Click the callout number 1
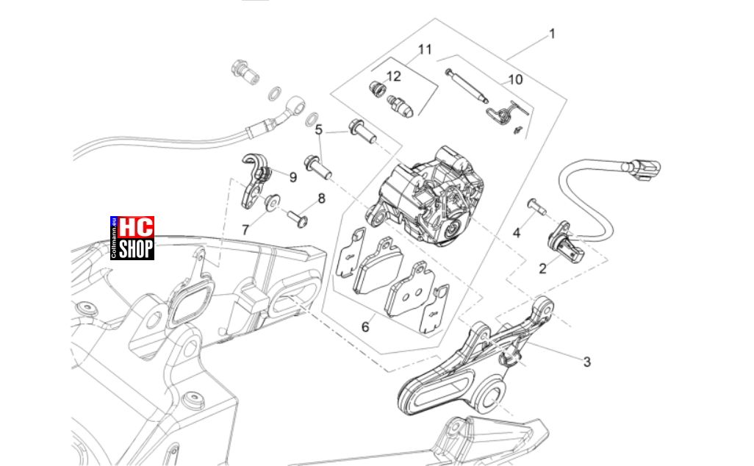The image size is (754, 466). [x=552, y=34]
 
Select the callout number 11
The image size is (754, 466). [x=425, y=49]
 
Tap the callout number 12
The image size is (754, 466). [x=393, y=76]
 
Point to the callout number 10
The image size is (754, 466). [x=515, y=80]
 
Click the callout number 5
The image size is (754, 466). [x=319, y=130]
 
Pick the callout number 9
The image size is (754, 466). [x=292, y=177]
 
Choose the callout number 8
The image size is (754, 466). [x=321, y=198]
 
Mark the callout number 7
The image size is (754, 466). [x=245, y=230]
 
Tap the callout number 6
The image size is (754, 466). [x=365, y=327]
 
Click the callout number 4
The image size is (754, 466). [x=517, y=233]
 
